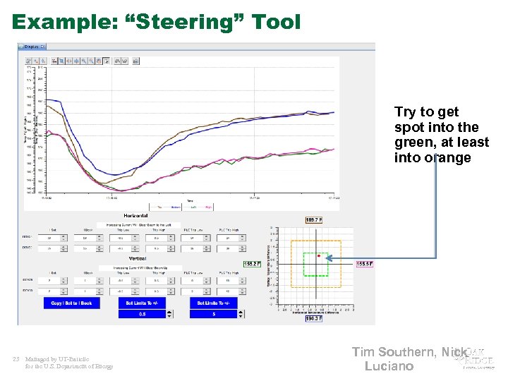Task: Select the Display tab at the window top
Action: [32, 47]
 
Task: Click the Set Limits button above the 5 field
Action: [212, 303]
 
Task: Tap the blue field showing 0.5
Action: [142, 314]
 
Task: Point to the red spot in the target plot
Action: [319, 256]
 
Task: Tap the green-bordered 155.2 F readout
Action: [252, 264]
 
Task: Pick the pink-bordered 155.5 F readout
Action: [364, 264]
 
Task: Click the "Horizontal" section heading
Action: [135, 215]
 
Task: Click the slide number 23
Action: [16, 359]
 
